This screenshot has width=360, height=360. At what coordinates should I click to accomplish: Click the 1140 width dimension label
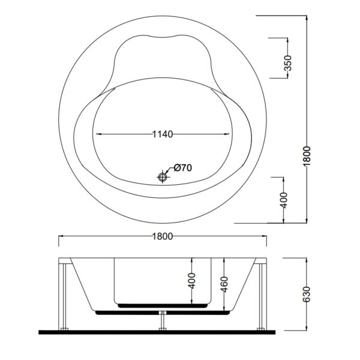pyautogui.click(x=163, y=134)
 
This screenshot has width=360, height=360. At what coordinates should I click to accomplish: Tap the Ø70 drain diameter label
pyautogui.click(x=182, y=167)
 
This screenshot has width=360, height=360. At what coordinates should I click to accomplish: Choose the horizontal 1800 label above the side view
pyautogui.click(x=163, y=236)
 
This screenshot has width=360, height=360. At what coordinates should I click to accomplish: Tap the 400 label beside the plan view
pyautogui.click(x=284, y=197)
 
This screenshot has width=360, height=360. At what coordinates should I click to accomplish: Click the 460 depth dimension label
pyautogui.click(x=223, y=283)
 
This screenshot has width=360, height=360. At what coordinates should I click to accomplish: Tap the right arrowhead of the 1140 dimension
pyautogui.click(x=229, y=134)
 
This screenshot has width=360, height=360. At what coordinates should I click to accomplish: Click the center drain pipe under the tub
pyautogui.click(x=163, y=321)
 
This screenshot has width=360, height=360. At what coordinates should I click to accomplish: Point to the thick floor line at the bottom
pyautogui.click(x=163, y=331)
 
